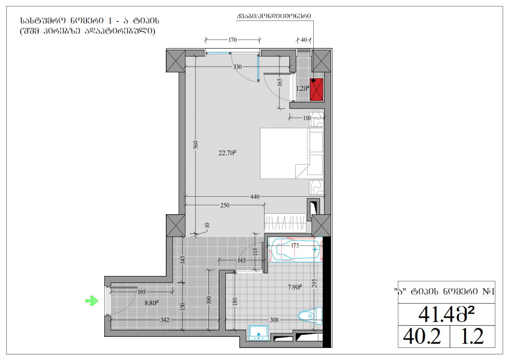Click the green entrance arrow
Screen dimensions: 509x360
pyautogui.click(x=92, y=301)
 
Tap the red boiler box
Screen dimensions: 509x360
pyautogui.click(x=317, y=89)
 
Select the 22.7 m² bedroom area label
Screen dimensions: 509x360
pyautogui.click(x=227, y=153)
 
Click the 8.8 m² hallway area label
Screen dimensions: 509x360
pyautogui.click(x=152, y=303)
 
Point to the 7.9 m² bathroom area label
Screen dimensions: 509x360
pyautogui.click(x=295, y=287)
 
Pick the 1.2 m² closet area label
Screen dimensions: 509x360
pyautogui.click(x=303, y=88)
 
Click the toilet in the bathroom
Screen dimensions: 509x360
pyautogui.click(x=310, y=316)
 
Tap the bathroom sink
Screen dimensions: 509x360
pyautogui.click(x=259, y=333)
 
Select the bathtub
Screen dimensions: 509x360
pyautogui.click(x=295, y=250)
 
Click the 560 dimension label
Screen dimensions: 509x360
pyautogui.click(x=195, y=145)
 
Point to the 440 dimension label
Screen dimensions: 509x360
pyautogui.click(x=255, y=197)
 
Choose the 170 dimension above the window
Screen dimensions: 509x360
pyautogui.click(x=232, y=40)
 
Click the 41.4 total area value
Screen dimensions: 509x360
pyautogui.click(x=446, y=314)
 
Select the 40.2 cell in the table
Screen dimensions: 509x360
pyautogui.click(x=422, y=336)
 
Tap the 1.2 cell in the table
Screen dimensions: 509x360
pyautogui.click(x=472, y=336)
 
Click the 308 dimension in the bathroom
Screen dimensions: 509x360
pyautogui.click(x=274, y=320)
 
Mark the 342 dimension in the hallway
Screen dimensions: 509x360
pyautogui.click(x=165, y=320)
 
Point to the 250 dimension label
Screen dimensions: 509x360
pyautogui.click(x=225, y=205)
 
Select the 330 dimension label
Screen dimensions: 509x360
pyautogui.click(x=237, y=67)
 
